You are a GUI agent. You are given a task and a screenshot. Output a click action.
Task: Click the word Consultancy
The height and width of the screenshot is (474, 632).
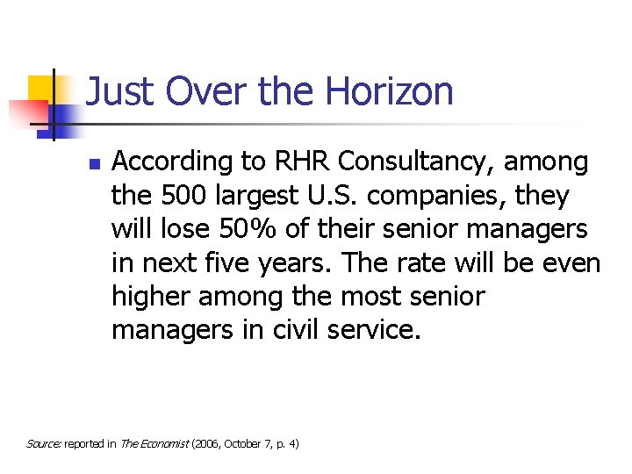point(423,162)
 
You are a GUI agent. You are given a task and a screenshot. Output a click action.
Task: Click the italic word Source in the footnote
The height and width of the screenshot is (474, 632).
point(43,444)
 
